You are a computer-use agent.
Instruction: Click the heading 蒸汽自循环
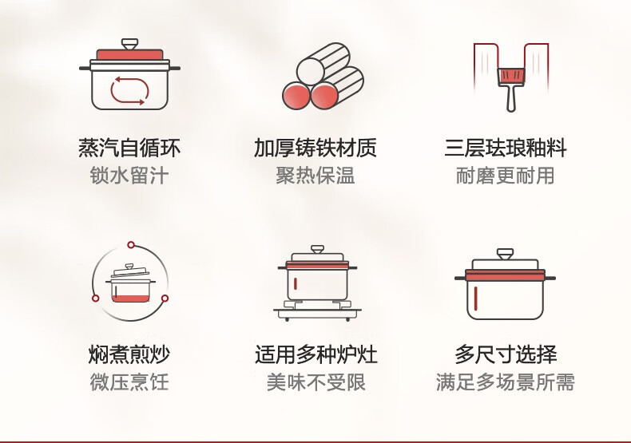pos(129,148)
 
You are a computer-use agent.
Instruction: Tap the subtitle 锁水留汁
pos(129,176)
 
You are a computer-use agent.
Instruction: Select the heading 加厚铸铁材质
pos(315,148)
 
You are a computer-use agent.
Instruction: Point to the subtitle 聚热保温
pos(315,176)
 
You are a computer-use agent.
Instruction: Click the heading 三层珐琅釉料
pos(506,148)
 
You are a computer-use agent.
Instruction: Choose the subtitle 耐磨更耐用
pos(506,176)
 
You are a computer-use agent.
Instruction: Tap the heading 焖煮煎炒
pos(129,354)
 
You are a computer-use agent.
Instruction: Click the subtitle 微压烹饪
pos(129,382)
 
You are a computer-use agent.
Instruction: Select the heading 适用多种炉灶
pos(316,354)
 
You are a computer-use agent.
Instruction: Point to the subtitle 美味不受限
pos(316,382)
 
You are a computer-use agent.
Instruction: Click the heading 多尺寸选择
pos(506,354)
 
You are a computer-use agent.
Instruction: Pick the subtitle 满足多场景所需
pos(506,382)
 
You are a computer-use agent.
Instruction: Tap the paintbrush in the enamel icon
pos(511,89)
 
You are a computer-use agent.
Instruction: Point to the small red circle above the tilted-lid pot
pos(131,245)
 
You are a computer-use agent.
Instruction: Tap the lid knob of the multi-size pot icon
pos(505,254)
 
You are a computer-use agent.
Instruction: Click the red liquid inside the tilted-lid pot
pos(130,299)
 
